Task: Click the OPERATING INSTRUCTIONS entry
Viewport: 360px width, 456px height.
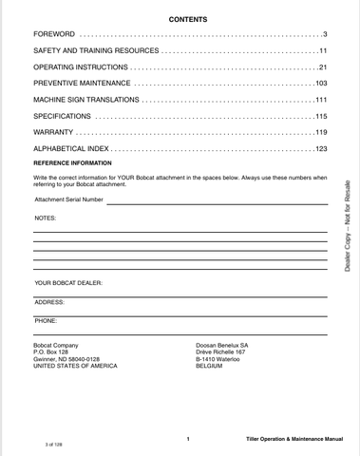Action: point(80,68)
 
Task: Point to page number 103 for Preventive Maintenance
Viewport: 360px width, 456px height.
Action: point(320,85)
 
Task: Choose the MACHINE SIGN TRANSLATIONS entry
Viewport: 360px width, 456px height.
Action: point(85,101)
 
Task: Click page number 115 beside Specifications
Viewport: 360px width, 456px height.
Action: point(320,117)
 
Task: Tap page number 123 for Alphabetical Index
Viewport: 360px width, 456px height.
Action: point(320,150)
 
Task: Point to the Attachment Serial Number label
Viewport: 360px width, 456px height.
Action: point(69,200)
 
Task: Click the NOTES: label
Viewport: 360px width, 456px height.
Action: point(46,218)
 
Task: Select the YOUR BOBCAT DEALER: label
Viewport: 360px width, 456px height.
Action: point(68,283)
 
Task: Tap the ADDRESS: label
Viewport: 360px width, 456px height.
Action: point(49,301)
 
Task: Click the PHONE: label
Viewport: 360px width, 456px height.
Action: point(46,320)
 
